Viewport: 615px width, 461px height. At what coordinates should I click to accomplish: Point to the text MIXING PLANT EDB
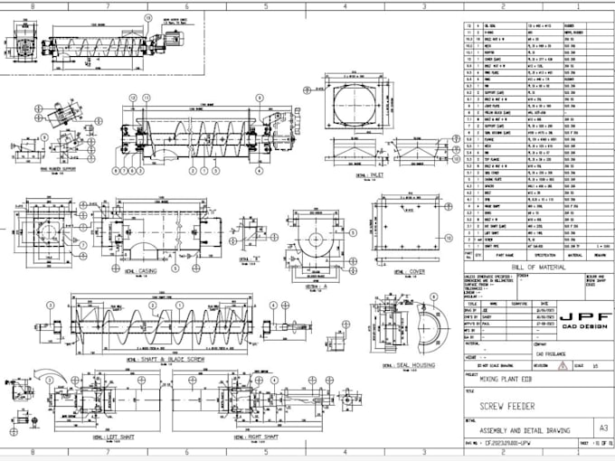pos(501,381)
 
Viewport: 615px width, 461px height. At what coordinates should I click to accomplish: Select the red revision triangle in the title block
pos(568,364)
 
